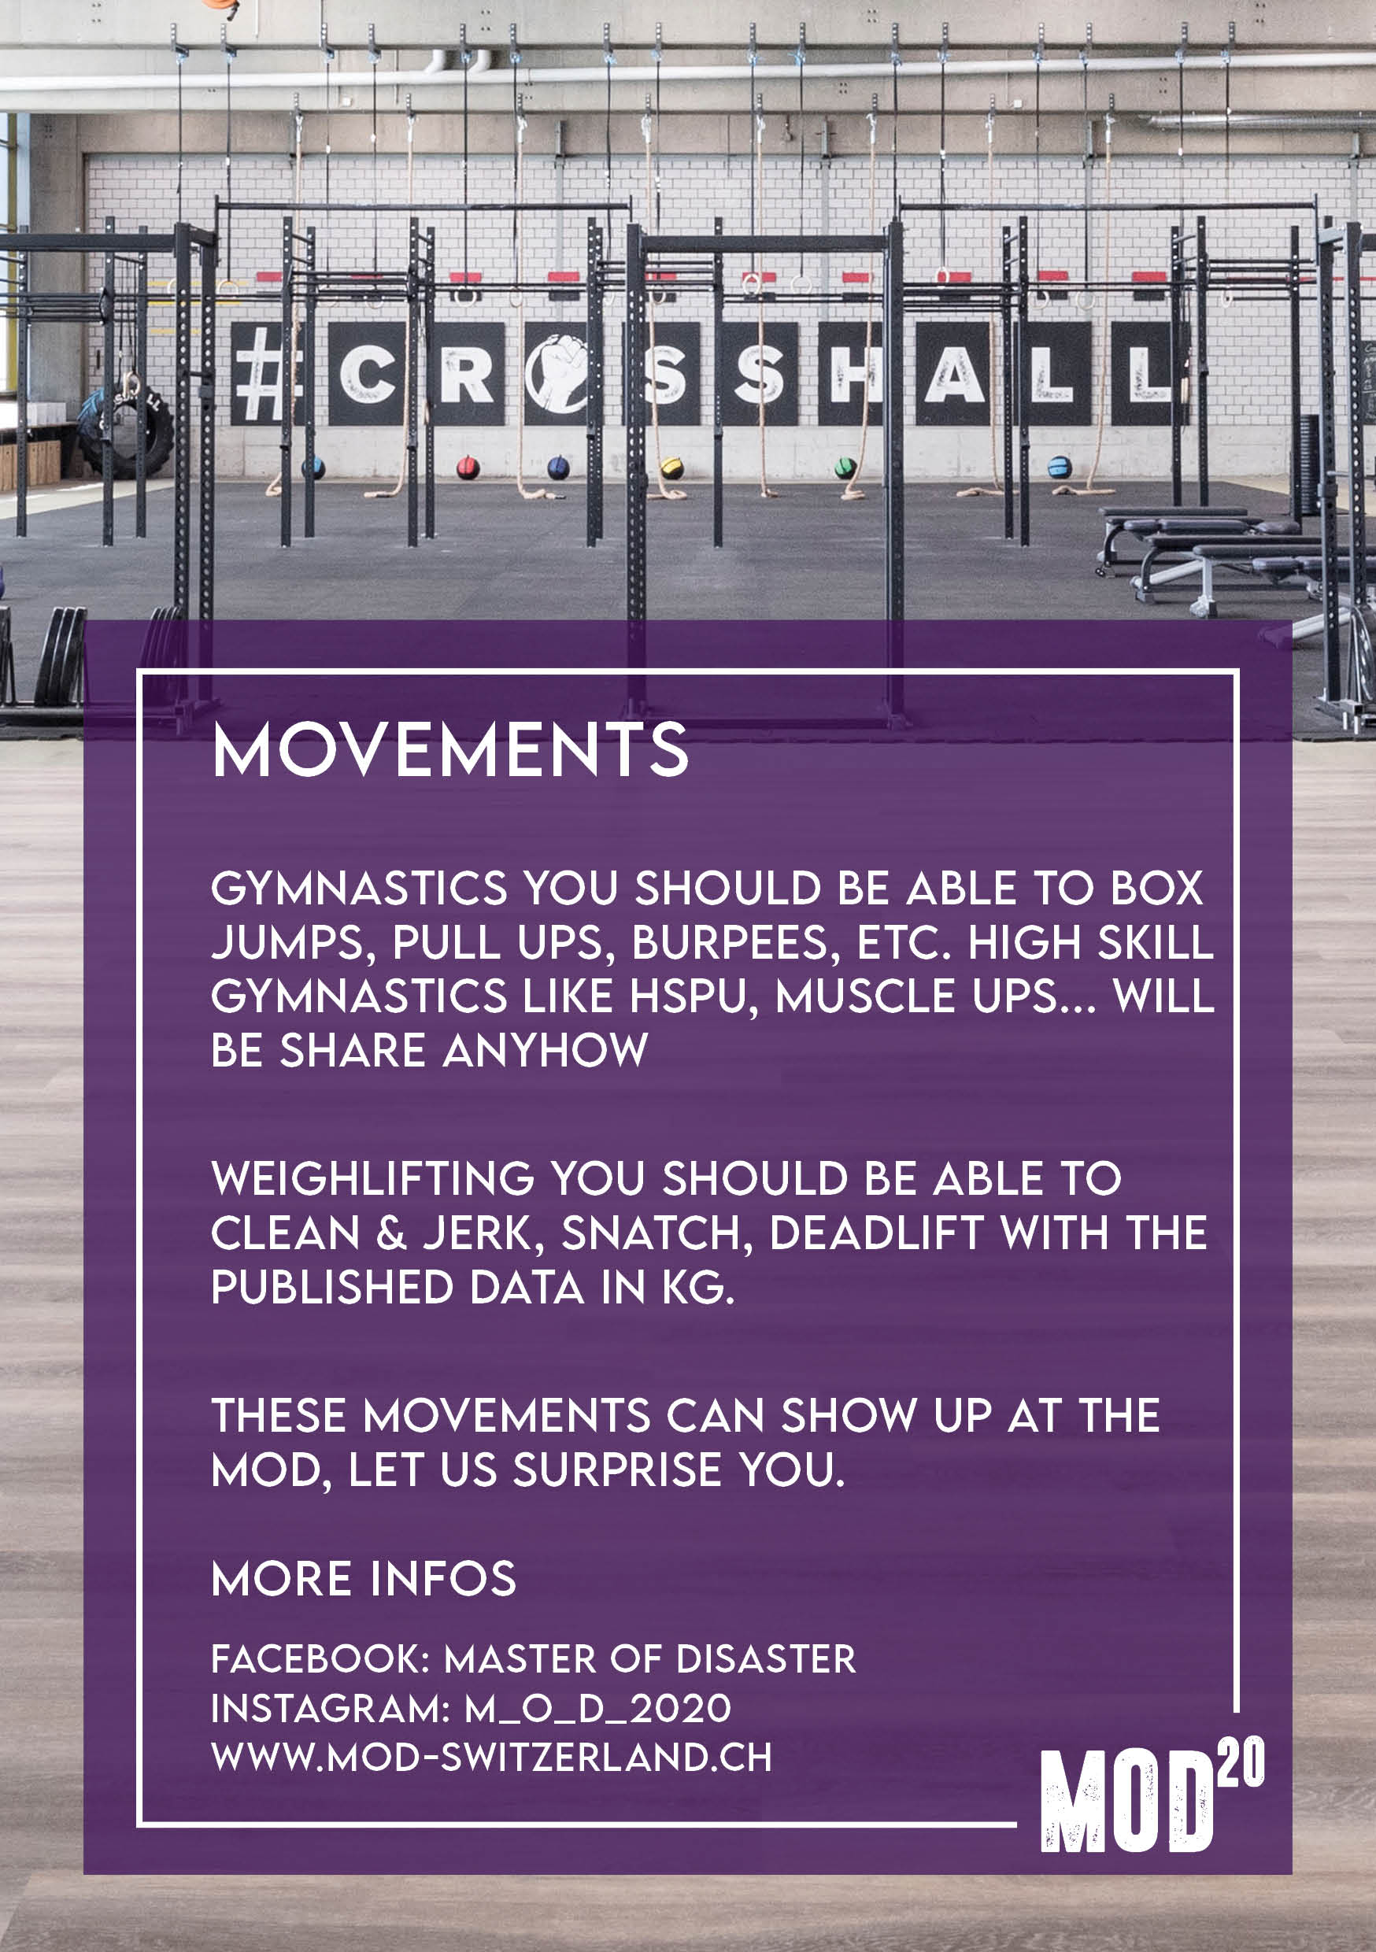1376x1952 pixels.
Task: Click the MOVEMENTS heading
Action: coord(450,749)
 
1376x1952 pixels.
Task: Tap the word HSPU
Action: coord(686,996)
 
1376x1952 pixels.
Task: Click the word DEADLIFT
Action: coord(877,1233)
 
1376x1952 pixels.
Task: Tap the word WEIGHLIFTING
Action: coord(372,1178)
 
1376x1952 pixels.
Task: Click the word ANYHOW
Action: coord(546,1051)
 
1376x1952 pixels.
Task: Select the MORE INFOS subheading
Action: coord(364,1579)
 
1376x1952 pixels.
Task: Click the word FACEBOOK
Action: coord(320,1658)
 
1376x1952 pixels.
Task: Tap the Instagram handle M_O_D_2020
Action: coord(597,1708)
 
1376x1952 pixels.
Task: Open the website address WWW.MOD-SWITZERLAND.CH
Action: coord(491,1758)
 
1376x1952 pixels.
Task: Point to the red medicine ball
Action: coord(467,467)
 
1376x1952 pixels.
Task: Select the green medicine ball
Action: coord(844,467)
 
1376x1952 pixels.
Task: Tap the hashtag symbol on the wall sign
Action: coord(257,374)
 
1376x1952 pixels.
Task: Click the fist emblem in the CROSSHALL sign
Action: coord(557,373)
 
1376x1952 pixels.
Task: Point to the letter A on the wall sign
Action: coord(953,374)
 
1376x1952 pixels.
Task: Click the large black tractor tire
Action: coord(128,429)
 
